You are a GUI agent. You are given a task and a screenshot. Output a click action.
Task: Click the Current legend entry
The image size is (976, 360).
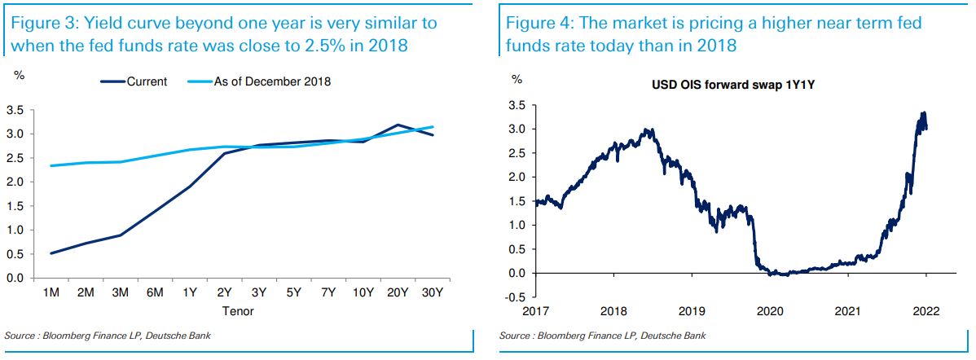(147, 81)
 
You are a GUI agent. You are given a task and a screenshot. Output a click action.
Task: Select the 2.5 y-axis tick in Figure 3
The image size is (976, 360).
(14, 158)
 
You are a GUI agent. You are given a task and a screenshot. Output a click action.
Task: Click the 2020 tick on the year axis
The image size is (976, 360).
(769, 311)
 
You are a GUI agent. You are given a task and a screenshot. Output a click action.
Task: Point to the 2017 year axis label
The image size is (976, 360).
(535, 311)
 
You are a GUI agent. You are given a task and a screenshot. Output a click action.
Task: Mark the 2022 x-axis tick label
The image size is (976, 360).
(926, 311)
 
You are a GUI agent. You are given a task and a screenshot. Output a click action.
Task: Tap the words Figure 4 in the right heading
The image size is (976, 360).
(534, 24)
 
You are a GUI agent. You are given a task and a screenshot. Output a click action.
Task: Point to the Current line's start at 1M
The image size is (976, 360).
(51, 253)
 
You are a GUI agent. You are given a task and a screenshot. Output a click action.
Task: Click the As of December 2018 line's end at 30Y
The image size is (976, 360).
(433, 127)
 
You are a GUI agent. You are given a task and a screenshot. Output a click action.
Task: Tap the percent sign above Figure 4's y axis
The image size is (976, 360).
(516, 79)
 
